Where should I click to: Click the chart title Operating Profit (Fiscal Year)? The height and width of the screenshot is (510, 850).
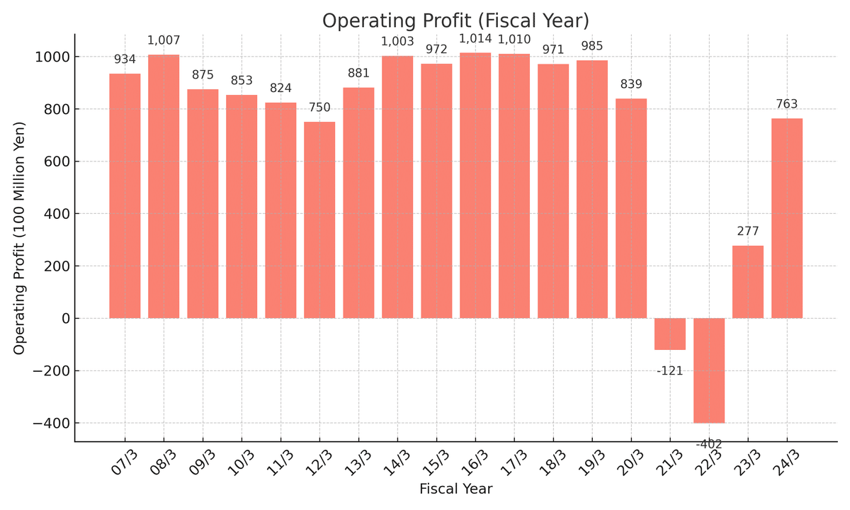455,21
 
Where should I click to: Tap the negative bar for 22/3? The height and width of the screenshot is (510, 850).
709,370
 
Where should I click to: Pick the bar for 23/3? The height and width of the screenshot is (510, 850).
748,282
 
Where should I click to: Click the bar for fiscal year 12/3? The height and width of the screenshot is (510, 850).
319,220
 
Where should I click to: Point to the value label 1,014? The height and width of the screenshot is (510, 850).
475,39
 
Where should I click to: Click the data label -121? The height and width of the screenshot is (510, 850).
670,371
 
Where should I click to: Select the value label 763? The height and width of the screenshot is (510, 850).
787,105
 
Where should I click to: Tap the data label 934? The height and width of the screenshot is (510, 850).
125,60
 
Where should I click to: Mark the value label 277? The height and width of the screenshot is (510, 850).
748,232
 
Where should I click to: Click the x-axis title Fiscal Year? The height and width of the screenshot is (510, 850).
455,489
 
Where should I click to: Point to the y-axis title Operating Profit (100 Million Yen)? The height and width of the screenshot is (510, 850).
20,238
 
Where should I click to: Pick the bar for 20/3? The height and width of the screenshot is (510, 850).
631,208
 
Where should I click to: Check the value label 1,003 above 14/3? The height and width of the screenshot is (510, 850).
397,42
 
